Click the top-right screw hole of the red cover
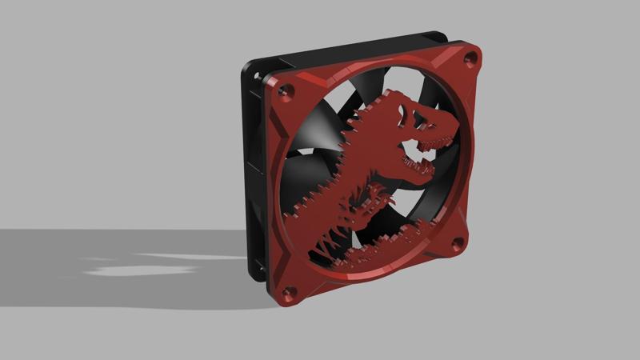[x=470, y=58]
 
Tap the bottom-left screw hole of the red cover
[x=290, y=291]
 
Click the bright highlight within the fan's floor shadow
[x=140, y=268]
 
